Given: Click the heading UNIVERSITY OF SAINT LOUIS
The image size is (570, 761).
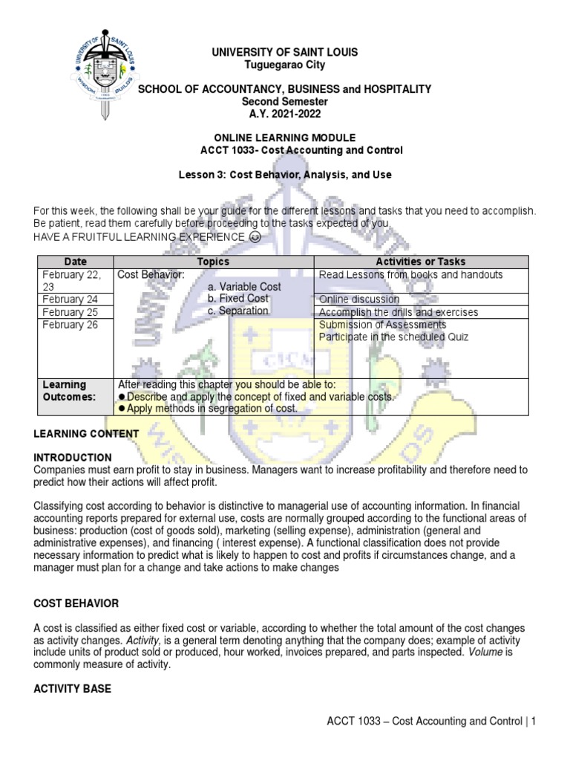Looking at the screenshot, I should coord(284,52).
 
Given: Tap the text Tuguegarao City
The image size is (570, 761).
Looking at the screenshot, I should coord(284,65).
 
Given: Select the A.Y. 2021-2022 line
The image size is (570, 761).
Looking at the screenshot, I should coord(284,113).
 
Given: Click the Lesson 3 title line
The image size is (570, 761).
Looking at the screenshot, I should coord(284,175).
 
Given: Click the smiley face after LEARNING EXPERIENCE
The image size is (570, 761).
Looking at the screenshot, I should coord(255,237).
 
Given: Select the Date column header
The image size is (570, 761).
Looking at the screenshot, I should coord(75,262).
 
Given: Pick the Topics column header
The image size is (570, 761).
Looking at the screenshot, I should coord(212,262).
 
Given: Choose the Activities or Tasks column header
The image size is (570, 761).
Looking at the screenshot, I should coord(421,262).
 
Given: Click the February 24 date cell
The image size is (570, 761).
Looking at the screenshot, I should coord(75,299).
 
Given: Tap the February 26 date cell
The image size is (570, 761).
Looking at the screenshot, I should coord(75,325).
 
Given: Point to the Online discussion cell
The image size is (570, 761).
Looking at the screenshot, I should coord(358,299).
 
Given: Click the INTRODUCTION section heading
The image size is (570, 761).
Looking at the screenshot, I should coord(73,457).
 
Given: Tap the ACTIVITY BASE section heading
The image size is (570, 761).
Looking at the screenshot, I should coord(72,689).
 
